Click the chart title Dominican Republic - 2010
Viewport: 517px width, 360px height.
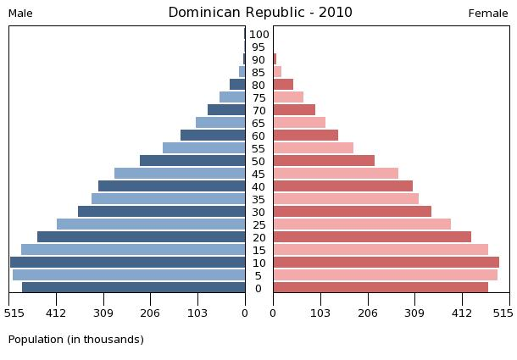[x=259, y=13]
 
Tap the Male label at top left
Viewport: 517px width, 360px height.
[x=20, y=14]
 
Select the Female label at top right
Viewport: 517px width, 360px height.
[x=487, y=14]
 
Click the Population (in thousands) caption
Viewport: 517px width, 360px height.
[x=75, y=340]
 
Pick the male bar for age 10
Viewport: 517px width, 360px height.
[x=127, y=263]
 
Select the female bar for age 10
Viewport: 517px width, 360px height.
[x=386, y=263]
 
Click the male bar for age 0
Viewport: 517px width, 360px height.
[x=133, y=288]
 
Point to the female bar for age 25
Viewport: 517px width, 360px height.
[x=362, y=224]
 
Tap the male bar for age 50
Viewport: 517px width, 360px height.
[x=192, y=161]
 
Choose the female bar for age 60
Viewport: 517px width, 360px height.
[x=305, y=136]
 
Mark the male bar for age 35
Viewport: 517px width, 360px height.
[x=168, y=199]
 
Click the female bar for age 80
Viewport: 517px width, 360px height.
[x=283, y=85]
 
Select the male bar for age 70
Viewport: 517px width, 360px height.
[x=226, y=110]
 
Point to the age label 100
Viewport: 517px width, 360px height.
[x=259, y=35]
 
